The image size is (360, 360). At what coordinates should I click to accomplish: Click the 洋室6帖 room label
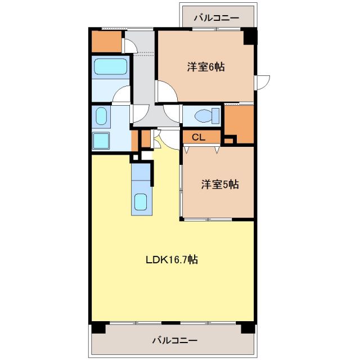pos(206,67)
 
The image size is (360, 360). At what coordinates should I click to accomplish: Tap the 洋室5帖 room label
pos(220,184)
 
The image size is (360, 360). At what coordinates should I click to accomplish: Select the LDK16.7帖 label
pos(172,260)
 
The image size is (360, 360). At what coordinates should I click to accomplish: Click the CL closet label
pos(198,137)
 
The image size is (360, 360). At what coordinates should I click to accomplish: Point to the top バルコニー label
pos(217,18)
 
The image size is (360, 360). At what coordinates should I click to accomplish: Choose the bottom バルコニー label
pos(175,340)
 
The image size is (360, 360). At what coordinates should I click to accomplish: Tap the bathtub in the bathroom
pos(110,67)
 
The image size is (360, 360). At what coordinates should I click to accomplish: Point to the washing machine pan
pos(101,139)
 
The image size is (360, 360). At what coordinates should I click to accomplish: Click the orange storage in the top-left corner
pos(106,41)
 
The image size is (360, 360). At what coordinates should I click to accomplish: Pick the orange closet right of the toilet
pos(240,122)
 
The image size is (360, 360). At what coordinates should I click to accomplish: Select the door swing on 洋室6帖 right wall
pos(262,82)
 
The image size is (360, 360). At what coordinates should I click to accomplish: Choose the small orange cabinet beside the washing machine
pos(145,137)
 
